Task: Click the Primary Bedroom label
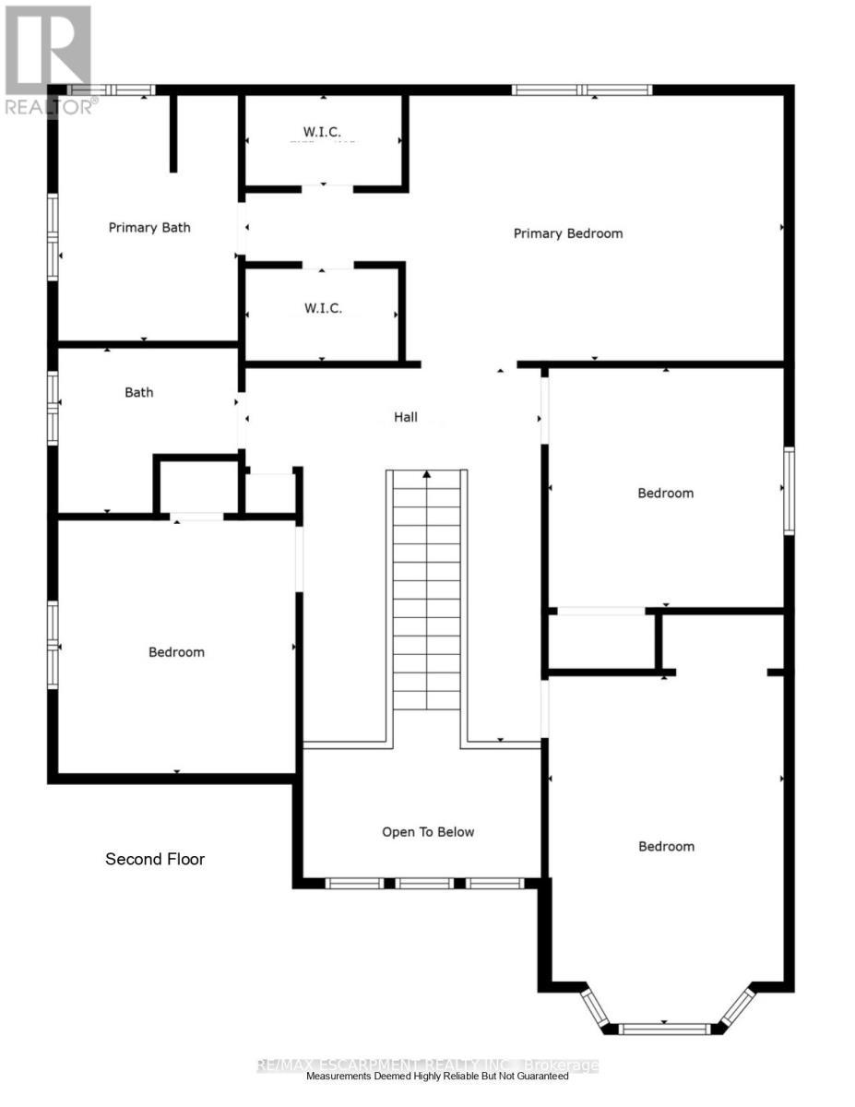coord(567,233)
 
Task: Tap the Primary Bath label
coord(149,228)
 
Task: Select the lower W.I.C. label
coord(323,308)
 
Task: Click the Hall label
coord(406,417)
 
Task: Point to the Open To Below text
coord(428,832)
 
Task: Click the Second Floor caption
coord(155,859)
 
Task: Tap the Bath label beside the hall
coord(139,393)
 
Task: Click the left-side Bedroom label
coord(176,652)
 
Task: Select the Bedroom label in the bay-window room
coord(666,847)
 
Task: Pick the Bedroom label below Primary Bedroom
coord(665,494)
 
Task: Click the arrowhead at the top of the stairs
coord(427,475)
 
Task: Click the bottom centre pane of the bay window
coord(664,1028)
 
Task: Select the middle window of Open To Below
coord(425,883)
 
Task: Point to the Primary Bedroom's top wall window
coord(582,89)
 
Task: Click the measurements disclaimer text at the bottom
coord(437,1077)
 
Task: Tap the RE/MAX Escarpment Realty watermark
coord(426,1065)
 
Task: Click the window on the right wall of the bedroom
coord(789,491)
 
